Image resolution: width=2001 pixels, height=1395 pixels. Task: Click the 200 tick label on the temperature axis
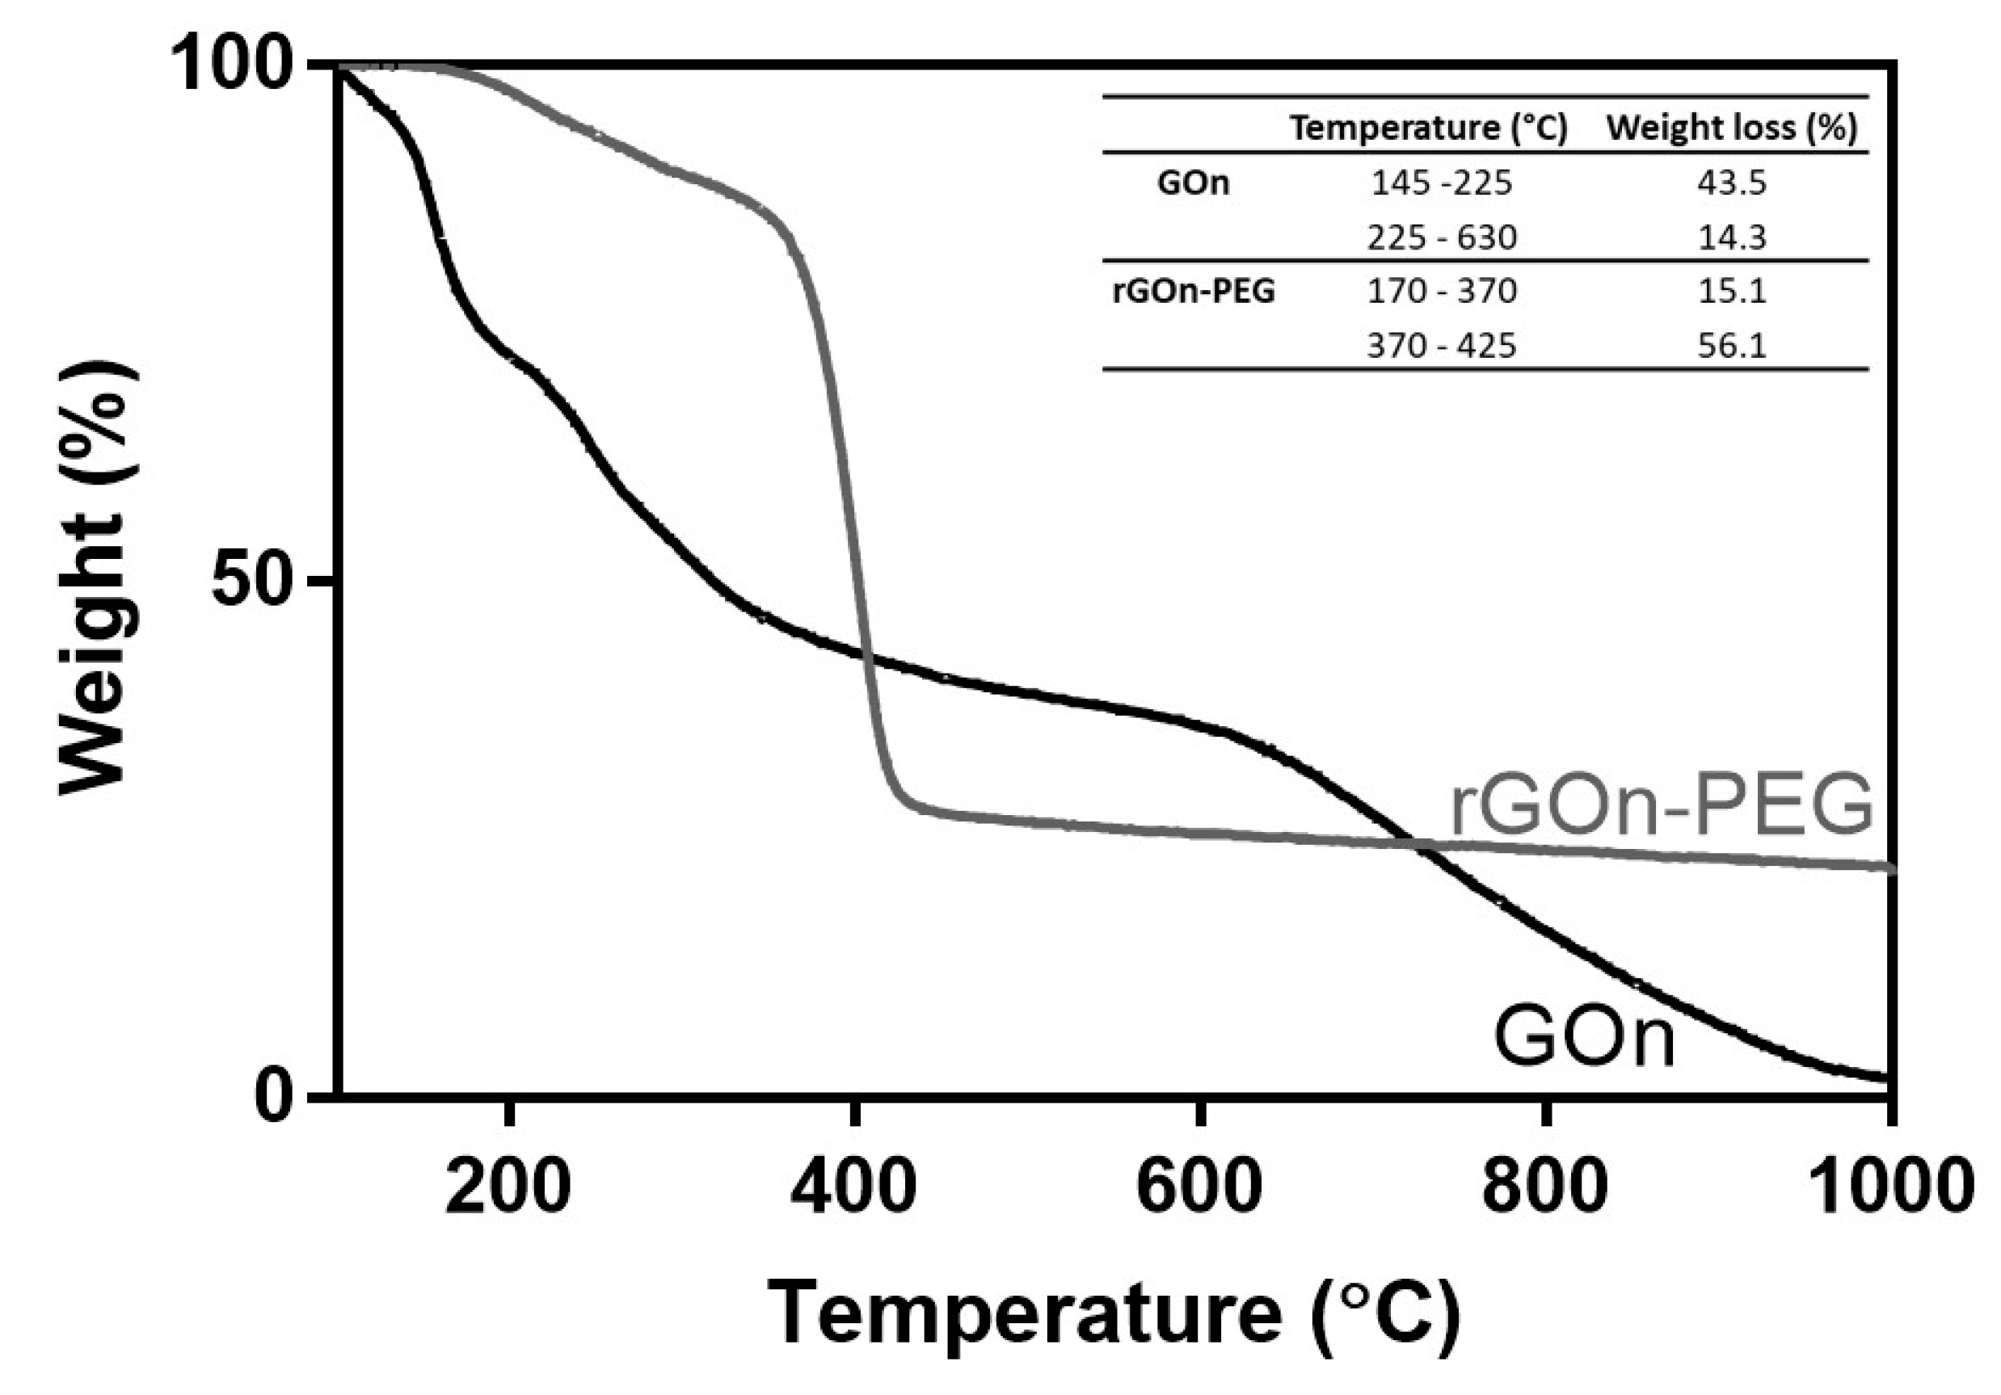tap(508, 1187)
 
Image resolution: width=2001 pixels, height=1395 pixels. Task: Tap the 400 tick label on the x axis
tap(853, 1187)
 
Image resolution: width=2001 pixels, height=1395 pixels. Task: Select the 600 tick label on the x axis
tap(1199, 1187)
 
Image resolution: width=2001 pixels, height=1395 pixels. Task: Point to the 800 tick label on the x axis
tap(1544, 1187)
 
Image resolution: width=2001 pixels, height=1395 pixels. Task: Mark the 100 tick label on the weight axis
tap(233, 66)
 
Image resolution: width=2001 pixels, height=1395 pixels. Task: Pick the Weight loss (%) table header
tap(1732, 128)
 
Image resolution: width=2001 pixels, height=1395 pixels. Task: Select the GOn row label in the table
tap(1193, 183)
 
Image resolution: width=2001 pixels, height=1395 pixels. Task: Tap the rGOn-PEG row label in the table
tap(1193, 291)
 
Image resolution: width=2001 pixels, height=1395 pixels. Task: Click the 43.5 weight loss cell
tap(1732, 183)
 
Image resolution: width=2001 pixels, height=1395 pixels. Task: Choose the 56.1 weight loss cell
tap(1732, 346)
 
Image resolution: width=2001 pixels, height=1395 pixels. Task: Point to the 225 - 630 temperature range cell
tap(1442, 237)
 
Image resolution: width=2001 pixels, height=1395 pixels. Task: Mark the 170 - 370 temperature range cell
tap(1442, 291)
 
